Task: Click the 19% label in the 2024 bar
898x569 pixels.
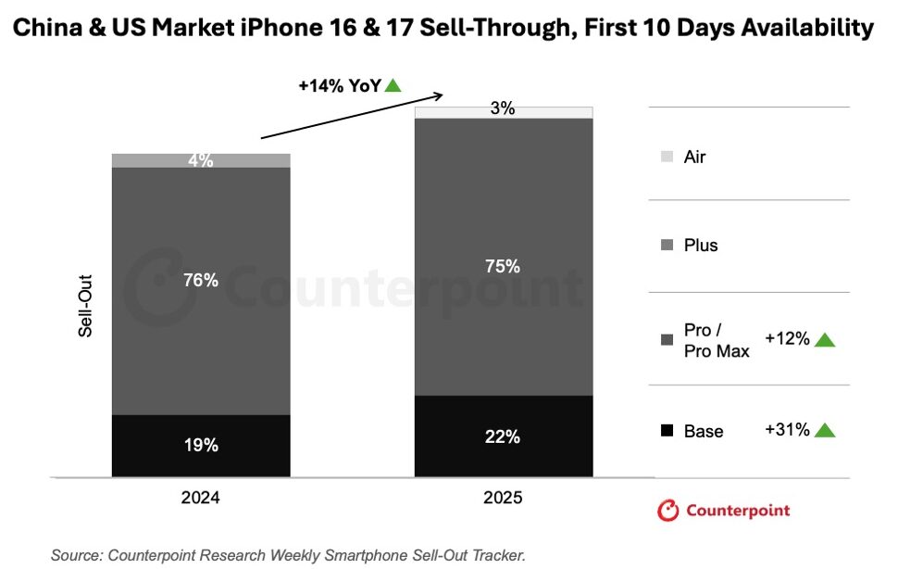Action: pos(201,445)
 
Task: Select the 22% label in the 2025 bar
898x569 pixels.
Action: pos(503,436)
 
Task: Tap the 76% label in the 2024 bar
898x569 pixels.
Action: pos(201,280)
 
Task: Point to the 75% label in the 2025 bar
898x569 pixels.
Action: pos(503,266)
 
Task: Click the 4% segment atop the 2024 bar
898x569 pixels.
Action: pos(201,160)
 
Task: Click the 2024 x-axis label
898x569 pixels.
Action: pos(201,498)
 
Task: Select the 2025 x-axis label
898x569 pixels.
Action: pos(503,498)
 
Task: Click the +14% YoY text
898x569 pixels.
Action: pos(339,85)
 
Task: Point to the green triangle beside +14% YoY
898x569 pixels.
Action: pos(393,85)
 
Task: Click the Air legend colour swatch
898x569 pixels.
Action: pos(667,158)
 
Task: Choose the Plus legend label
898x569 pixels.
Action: pos(701,246)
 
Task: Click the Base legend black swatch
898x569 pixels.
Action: pos(667,431)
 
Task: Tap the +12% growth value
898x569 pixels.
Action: pos(787,339)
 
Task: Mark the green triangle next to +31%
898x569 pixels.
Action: pos(825,430)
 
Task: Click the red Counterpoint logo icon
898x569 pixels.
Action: pos(667,511)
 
